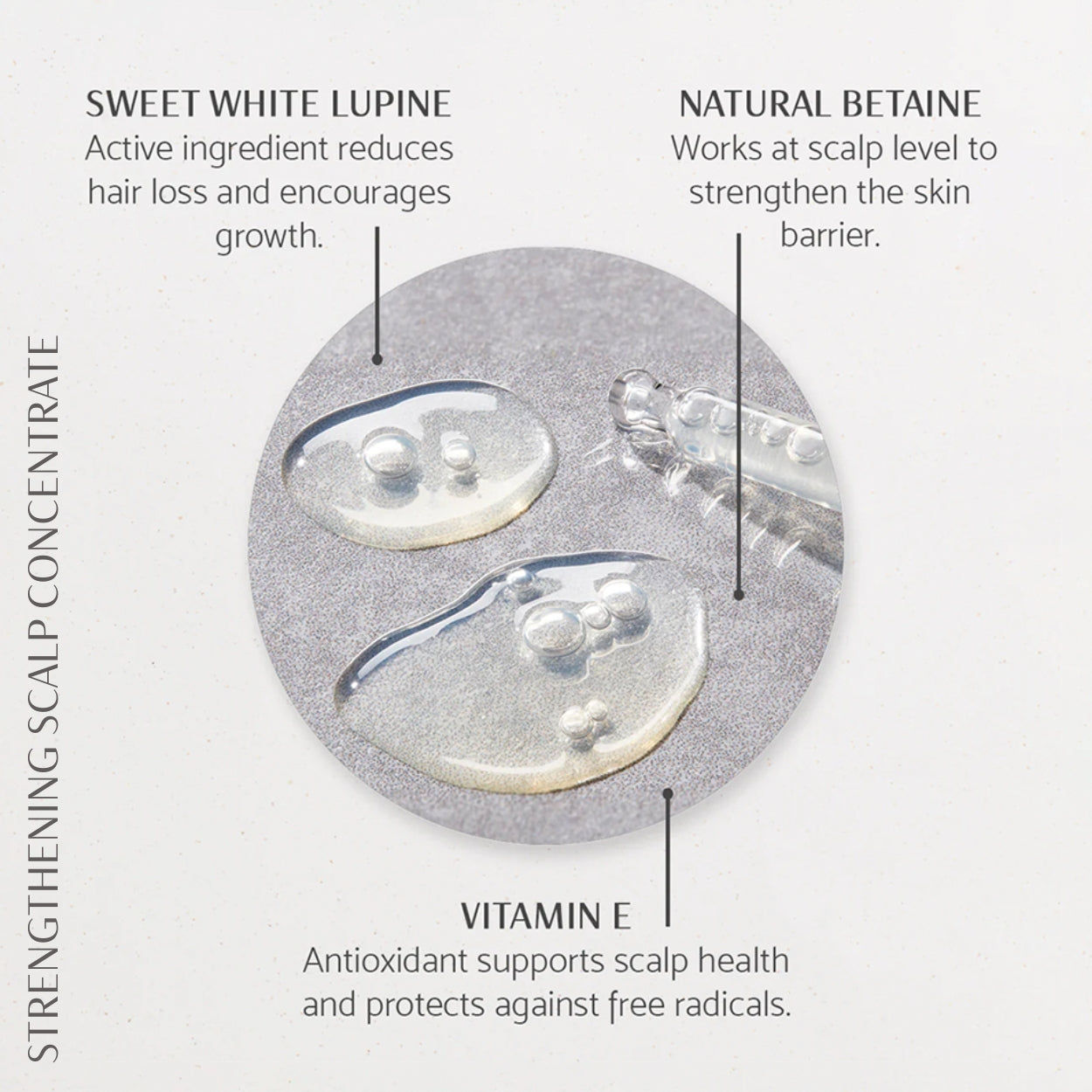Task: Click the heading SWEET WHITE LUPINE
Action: point(268,104)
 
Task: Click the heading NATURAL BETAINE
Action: point(830,104)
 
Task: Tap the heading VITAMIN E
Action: point(546,916)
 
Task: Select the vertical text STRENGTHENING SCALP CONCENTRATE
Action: point(44,699)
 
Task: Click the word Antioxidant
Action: point(384,961)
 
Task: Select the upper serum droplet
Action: point(419,465)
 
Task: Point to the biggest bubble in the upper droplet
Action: point(389,454)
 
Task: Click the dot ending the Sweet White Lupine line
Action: point(377,359)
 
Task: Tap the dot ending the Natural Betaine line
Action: point(738,595)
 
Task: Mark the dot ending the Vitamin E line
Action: point(668,793)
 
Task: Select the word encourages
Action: point(365,194)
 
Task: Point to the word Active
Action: point(128,149)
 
